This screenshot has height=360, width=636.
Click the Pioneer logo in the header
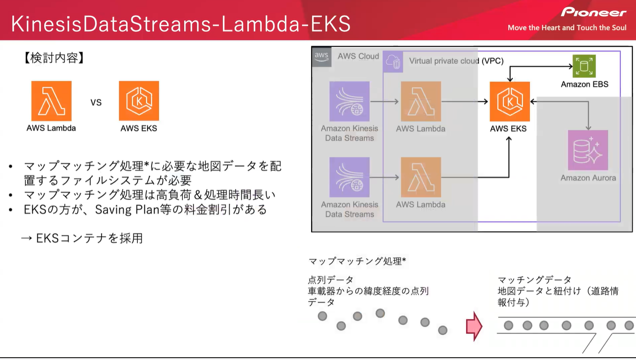[593, 12]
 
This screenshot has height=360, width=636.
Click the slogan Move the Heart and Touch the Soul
[567, 28]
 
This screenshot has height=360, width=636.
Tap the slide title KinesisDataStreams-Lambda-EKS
[181, 24]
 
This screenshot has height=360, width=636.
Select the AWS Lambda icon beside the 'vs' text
[51, 101]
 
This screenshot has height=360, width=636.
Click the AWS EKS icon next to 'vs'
[139, 101]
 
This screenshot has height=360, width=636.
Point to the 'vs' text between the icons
[96, 102]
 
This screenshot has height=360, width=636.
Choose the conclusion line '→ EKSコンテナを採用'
[82, 238]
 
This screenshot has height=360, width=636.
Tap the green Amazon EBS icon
[584, 66]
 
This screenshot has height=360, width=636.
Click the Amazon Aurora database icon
[588, 150]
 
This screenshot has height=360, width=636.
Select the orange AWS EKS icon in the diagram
[510, 102]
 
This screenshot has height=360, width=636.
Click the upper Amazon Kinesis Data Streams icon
[349, 102]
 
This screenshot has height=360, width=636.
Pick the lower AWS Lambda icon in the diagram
[420, 177]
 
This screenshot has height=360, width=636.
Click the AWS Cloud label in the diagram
[358, 56]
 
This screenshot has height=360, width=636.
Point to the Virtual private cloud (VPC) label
[456, 61]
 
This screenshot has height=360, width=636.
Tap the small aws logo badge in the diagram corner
[321, 57]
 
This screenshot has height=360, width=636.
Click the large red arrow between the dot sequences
[474, 326]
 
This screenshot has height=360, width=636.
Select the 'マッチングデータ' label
[534, 280]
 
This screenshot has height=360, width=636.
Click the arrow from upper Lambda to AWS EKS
[464, 102]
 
